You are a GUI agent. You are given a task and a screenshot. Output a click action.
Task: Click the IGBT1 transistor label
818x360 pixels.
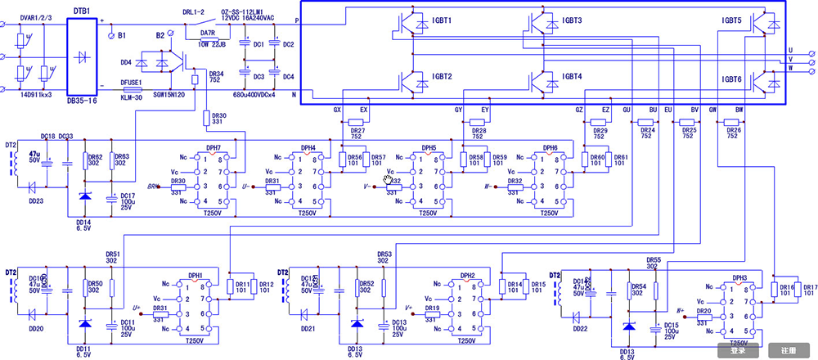click(x=443, y=20)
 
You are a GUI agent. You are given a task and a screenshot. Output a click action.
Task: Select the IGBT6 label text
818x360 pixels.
click(x=731, y=79)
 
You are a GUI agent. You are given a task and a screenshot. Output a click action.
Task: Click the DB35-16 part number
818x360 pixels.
click(x=82, y=101)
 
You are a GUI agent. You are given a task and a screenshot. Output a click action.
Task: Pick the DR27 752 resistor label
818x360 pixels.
click(x=357, y=134)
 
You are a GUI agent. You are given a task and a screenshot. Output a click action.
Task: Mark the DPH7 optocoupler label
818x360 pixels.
click(x=213, y=148)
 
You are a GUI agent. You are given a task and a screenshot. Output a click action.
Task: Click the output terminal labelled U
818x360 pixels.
click(x=790, y=50)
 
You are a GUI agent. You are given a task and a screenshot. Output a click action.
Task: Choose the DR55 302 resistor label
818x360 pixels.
click(x=653, y=263)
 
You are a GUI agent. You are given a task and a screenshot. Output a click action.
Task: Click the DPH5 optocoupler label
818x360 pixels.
click(x=429, y=148)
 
